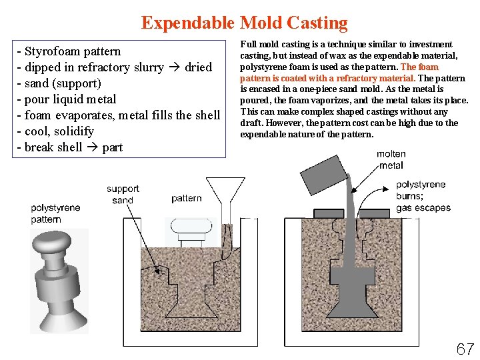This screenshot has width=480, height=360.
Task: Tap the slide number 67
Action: coord(465,348)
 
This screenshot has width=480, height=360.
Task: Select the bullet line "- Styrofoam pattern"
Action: coord(69,51)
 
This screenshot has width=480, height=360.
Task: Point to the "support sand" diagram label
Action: coord(123,195)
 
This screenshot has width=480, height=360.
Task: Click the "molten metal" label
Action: coord(391,159)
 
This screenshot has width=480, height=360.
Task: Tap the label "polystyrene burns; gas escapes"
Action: coord(423,196)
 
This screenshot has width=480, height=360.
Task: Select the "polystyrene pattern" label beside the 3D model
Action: coord(55,213)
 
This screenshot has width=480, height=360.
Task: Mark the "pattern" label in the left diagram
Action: coord(186,198)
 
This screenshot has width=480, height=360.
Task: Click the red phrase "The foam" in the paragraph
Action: coord(419,67)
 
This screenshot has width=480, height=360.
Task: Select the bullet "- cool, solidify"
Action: coord(59,131)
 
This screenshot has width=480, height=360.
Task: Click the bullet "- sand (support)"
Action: coord(59,83)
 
